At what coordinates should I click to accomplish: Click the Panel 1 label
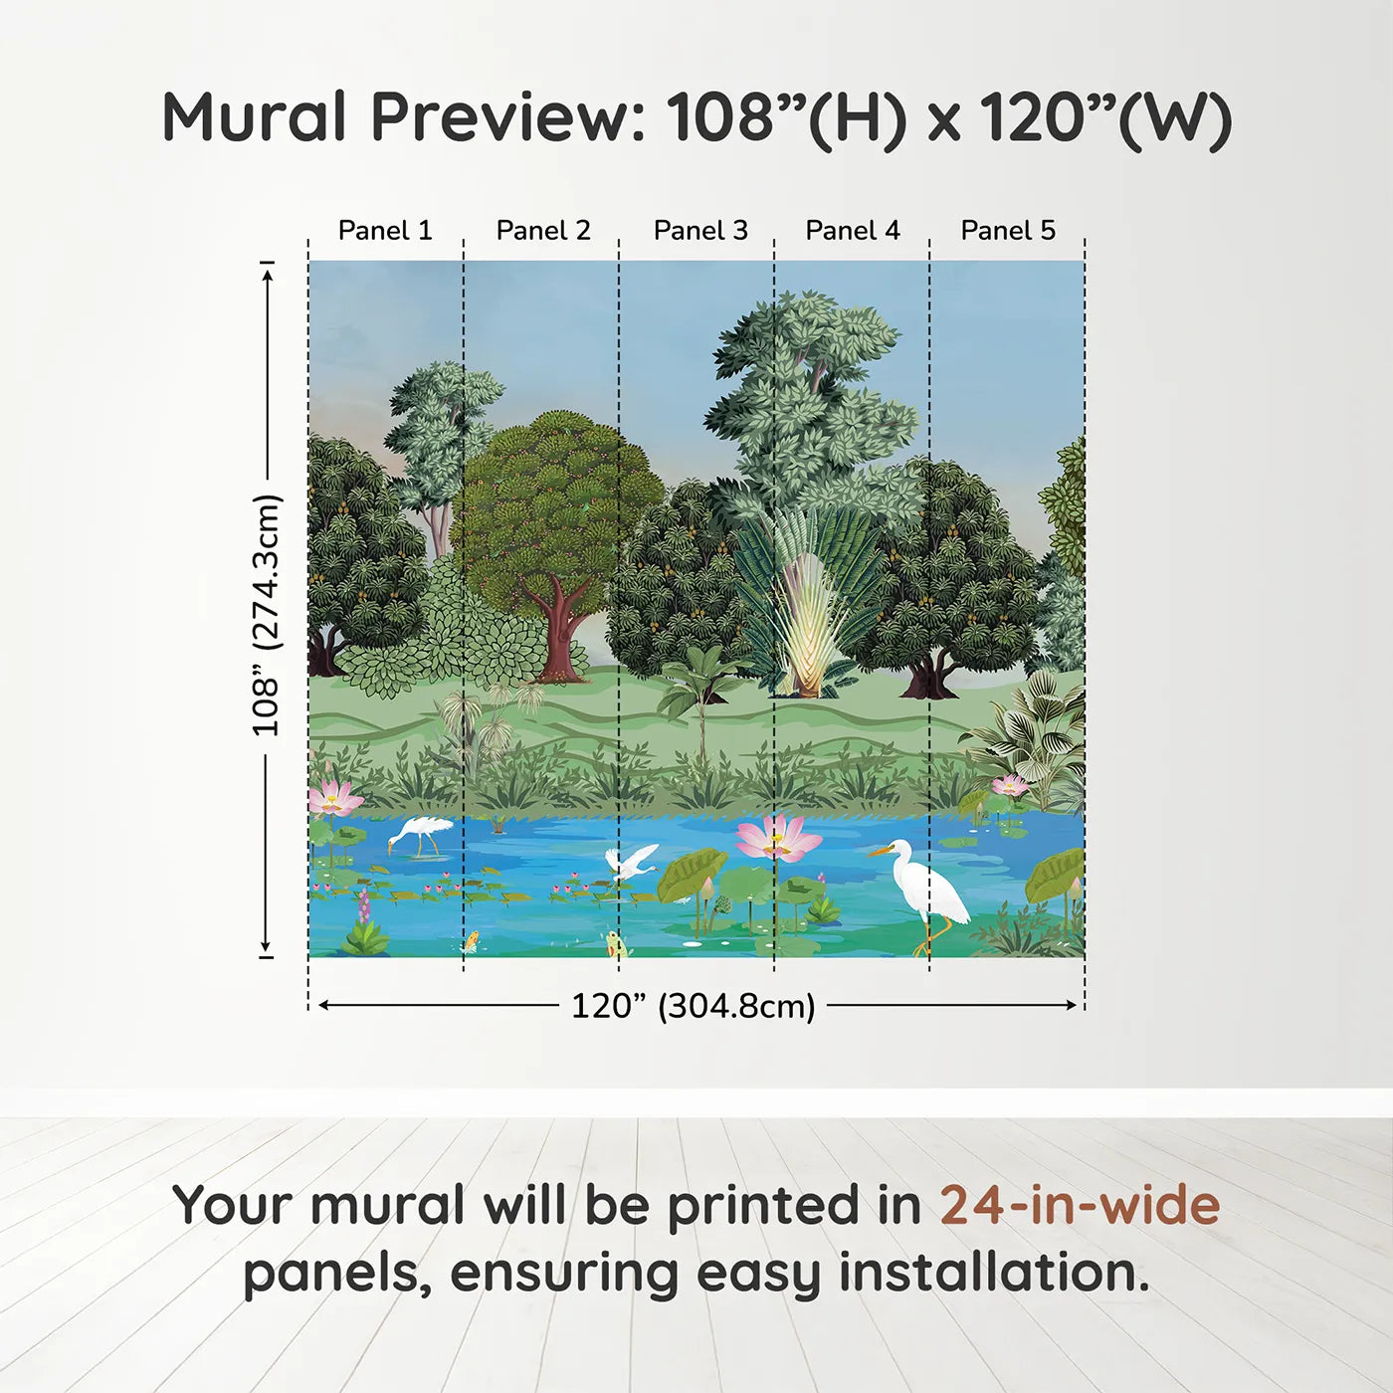point(385,231)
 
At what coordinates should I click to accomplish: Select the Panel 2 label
point(543,231)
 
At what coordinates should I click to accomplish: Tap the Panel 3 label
point(700,231)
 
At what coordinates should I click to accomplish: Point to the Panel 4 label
point(853,231)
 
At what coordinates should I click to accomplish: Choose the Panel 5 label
point(1008,231)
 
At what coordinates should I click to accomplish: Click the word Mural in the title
point(254,117)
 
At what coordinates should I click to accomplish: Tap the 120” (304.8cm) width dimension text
point(693,1006)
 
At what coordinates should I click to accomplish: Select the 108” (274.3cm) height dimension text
point(267,615)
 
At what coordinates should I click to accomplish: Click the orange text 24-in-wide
point(1080,1206)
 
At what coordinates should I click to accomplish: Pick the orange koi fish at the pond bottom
point(471,939)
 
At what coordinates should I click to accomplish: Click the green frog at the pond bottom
point(617,943)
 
